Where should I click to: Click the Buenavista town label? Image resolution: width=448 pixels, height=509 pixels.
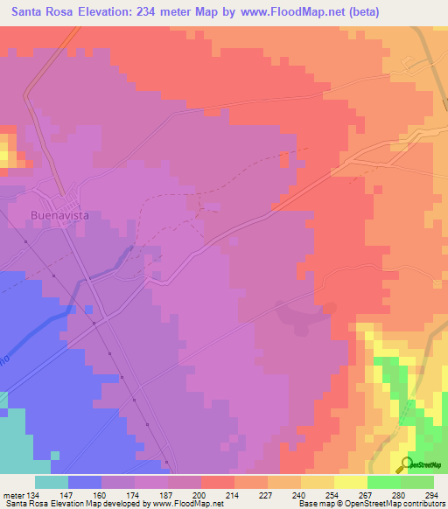point(61,214)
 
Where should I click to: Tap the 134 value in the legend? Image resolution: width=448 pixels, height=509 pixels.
point(31,497)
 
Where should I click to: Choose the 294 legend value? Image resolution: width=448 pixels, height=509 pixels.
point(431,497)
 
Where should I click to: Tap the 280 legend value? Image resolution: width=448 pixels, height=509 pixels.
point(399,497)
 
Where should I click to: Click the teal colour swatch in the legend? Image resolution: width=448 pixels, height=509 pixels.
point(51,482)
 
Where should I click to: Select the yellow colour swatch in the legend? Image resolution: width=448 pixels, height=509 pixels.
point(350,482)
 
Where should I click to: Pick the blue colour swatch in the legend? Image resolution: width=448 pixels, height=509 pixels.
point(84,482)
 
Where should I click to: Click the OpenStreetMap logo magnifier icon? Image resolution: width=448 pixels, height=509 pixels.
point(405,465)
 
